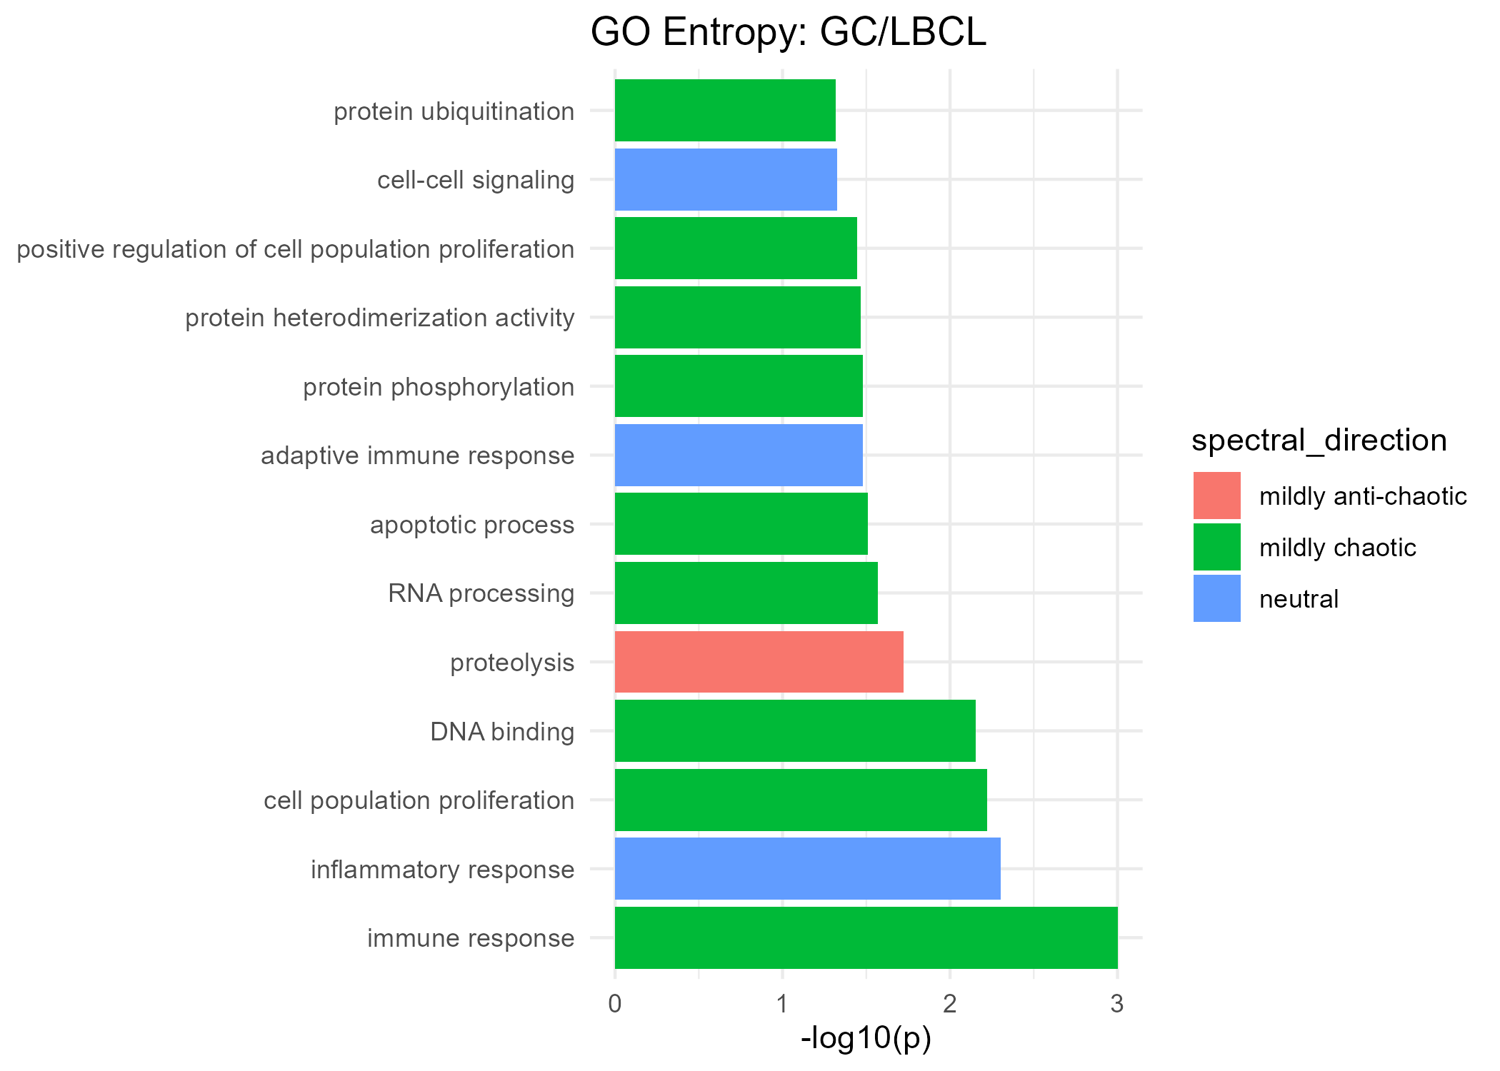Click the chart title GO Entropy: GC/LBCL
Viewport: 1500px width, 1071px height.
pyautogui.click(x=788, y=33)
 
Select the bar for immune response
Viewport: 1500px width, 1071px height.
pyautogui.click(x=866, y=937)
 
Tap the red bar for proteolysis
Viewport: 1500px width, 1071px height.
pyautogui.click(x=759, y=662)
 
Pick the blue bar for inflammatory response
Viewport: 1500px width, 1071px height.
pyautogui.click(x=807, y=868)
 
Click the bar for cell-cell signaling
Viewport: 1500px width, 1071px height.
pyautogui.click(x=726, y=179)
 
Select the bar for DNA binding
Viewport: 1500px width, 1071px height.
pyautogui.click(x=795, y=730)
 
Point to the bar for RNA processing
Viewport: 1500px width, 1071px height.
pyautogui.click(x=746, y=593)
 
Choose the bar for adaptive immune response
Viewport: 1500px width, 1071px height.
pyautogui.click(x=739, y=455)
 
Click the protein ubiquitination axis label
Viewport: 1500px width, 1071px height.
pyautogui.click(x=454, y=111)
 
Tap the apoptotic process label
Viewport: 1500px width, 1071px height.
pyautogui.click(x=471, y=525)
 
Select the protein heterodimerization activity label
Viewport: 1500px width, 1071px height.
pyautogui.click(x=379, y=318)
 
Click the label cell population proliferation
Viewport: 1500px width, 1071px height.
pyautogui.click(x=419, y=800)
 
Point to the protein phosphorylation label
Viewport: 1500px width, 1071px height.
pyautogui.click(x=438, y=387)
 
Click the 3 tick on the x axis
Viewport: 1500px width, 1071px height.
pyautogui.click(x=1117, y=1005)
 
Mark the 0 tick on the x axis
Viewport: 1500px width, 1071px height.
pyautogui.click(x=615, y=1005)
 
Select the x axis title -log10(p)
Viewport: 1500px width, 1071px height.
pyautogui.click(x=866, y=1038)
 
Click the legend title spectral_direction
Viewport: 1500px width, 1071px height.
pyautogui.click(x=1319, y=441)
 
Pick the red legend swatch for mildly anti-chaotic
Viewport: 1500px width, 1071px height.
pyautogui.click(x=1216, y=496)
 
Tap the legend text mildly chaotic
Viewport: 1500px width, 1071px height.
pyautogui.click(x=1337, y=548)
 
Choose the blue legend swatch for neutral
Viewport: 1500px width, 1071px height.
pyautogui.click(x=1216, y=598)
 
